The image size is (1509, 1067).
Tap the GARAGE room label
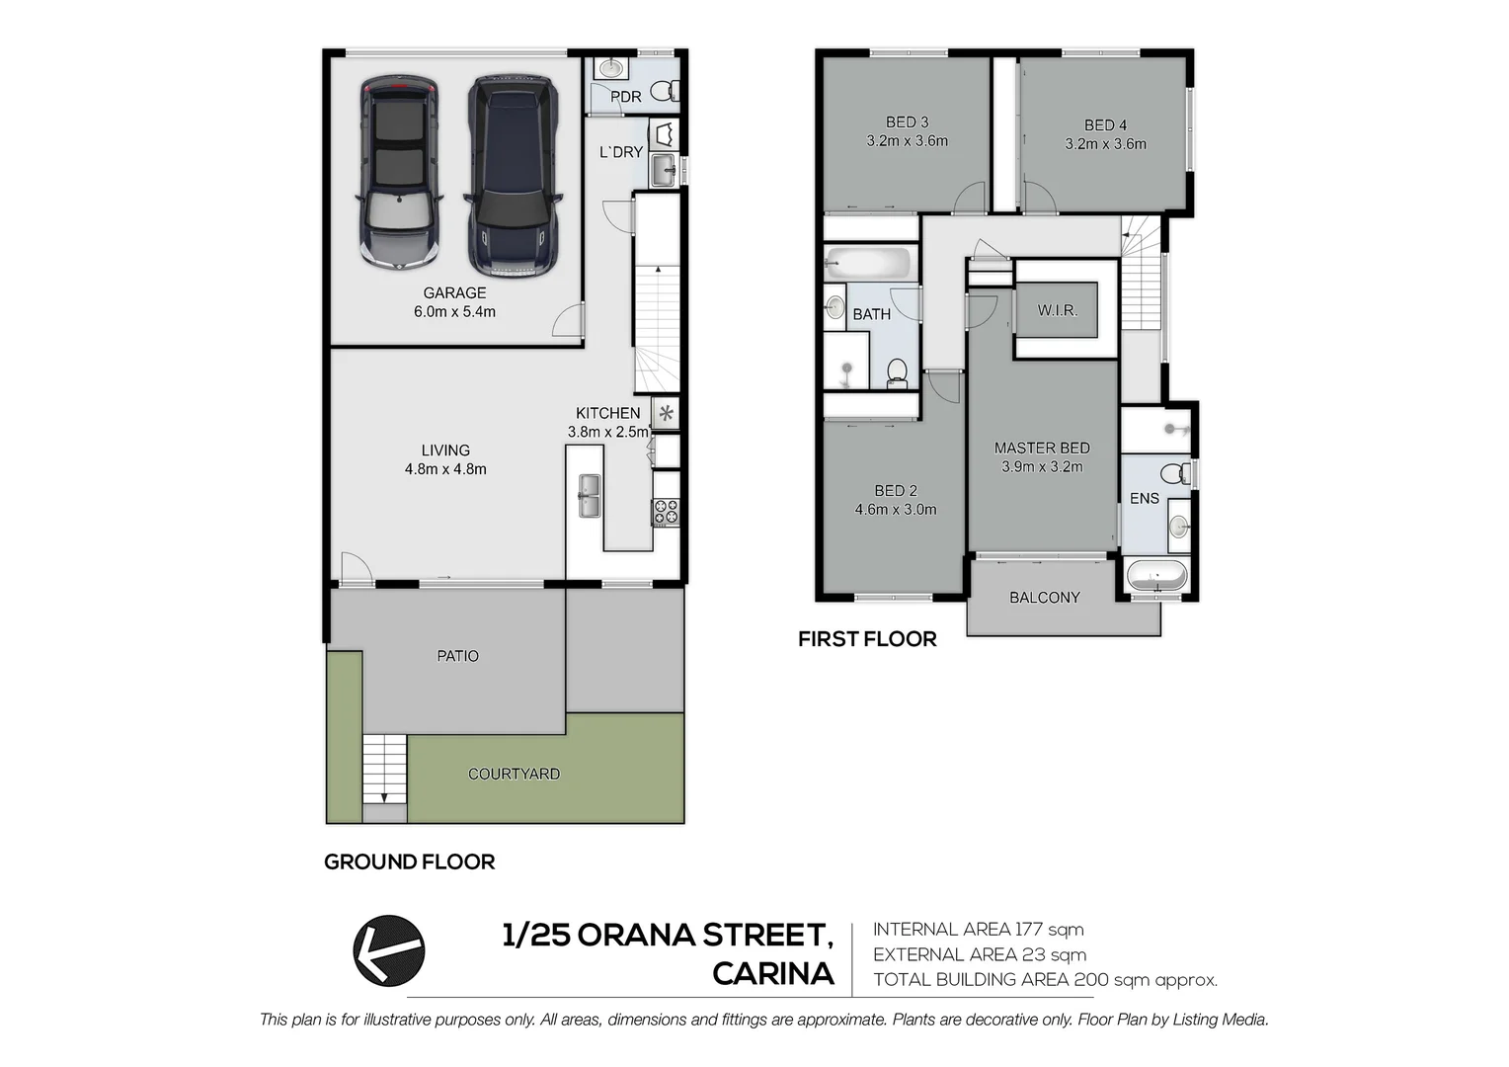pyautogui.click(x=454, y=292)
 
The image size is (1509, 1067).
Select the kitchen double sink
pyautogui.click(x=590, y=496)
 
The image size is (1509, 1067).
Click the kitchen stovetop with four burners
pyautogui.click(x=666, y=512)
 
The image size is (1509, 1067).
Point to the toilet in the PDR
pyautogui.click(x=666, y=91)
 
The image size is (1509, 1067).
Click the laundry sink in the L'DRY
pyautogui.click(x=664, y=168)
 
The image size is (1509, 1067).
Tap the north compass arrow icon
pyautogui.click(x=389, y=950)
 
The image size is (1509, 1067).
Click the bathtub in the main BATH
pyautogui.click(x=868, y=264)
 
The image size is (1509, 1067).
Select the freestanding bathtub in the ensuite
pyautogui.click(x=1155, y=576)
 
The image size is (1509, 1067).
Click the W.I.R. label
pyautogui.click(x=1057, y=310)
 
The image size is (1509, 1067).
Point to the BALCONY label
pyautogui.click(x=1044, y=598)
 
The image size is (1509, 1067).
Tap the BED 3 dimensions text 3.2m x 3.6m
pyautogui.click(x=907, y=141)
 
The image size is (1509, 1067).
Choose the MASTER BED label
pyautogui.click(x=1042, y=448)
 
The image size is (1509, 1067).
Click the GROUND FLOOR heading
pyautogui.click(x=409, y=862)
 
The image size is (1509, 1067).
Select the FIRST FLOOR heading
pyautogui.click(x=867, y=639)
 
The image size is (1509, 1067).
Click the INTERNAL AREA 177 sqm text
pyautogui.click(x=978, y=929)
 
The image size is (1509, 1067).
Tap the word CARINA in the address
pyautogui.click(x=772, y=974)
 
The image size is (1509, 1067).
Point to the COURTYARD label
pyautogui.click(x=514, y=774)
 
